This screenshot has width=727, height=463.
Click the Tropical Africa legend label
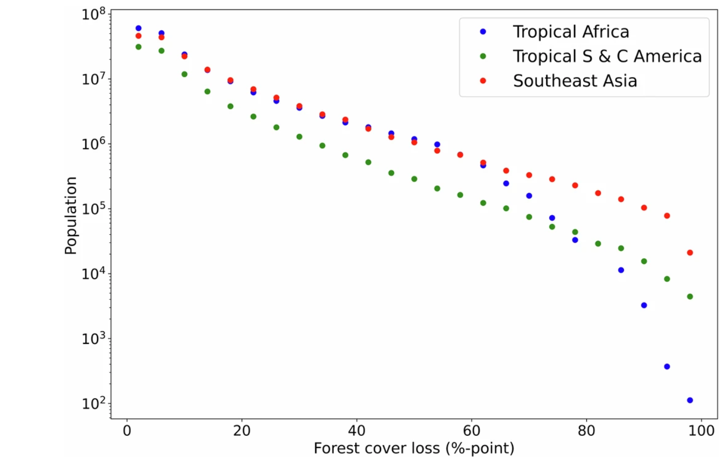(x=570, y=32)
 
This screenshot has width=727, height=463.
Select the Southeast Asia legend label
(x=575, y=81)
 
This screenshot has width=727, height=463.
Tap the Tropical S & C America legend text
(x=607, y=56)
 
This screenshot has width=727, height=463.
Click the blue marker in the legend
(x=483, y=32)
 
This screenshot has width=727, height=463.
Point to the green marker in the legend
(x=483, y=56)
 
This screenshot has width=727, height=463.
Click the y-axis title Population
(x=71, y=216)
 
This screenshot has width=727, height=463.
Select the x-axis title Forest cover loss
(x=414, y=448)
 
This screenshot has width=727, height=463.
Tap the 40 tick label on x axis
(x=356, y=431)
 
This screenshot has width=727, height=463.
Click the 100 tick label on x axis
(x=701, y=431)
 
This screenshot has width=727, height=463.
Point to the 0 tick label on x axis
(x=127, y=431)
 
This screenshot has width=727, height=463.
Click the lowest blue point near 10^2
(x=690, y=400)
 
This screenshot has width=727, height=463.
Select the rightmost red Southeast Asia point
(x=690, y=253)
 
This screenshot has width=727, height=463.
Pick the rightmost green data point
(x=690, y=297)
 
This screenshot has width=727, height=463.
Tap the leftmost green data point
(x=138, y=47)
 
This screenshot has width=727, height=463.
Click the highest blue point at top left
(x=138, y=28)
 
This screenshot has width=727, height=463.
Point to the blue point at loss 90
(x=644, y=305)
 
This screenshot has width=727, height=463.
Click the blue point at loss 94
(x=667, y=366)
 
